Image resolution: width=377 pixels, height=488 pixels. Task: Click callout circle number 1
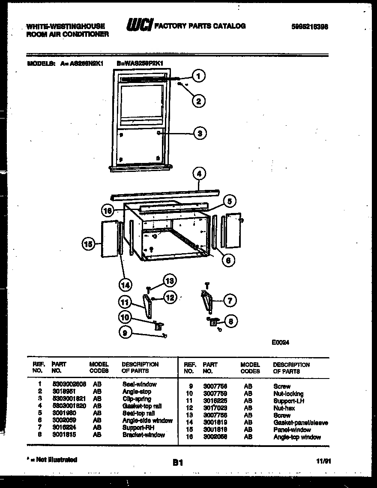pos(197,76)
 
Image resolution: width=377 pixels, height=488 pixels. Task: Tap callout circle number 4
pos(198,174)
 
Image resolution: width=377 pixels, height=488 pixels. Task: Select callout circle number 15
pos(88,244)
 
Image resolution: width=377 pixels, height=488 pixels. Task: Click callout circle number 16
pos(108,210)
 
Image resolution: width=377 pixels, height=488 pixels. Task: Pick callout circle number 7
pos(230,301)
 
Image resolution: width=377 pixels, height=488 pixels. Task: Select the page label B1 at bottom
pos(178,462)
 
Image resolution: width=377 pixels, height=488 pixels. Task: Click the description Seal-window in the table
pos(139,384)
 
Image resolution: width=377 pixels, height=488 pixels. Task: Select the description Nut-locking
pos(288,394)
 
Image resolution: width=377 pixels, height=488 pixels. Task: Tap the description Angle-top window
pos(297,437)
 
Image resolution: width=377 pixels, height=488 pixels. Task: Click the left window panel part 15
pos(109,240)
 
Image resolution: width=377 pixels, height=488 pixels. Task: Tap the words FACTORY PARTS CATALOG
pos(200,26)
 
